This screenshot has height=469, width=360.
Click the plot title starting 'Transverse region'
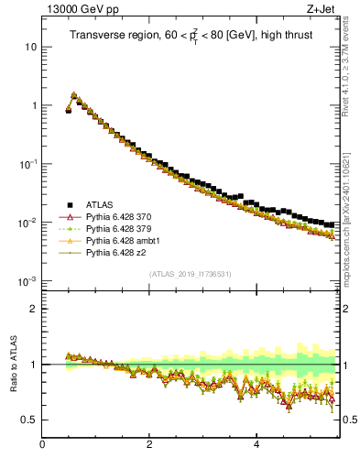190,36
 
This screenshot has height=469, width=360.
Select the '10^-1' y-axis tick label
28,163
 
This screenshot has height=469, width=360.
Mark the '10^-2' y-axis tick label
28,222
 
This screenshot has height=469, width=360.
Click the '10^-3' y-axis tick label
28,280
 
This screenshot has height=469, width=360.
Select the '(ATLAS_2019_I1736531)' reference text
191,274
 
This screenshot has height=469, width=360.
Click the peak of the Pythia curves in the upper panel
74,94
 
